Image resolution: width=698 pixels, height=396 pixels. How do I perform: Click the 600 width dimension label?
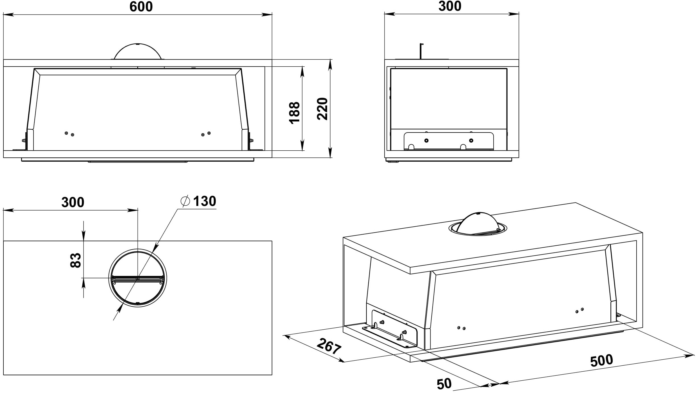coord(141,7)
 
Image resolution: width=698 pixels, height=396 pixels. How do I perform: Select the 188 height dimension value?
coord(294,113)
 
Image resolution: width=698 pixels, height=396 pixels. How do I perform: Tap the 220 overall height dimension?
coord(322,109)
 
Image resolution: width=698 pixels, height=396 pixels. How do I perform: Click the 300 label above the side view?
coord(450,6)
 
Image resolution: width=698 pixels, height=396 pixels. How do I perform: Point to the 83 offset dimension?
coord(76,260)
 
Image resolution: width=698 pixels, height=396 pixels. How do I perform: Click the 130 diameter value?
coord(205,201)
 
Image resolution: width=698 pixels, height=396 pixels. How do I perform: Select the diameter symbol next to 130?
coord(185,201)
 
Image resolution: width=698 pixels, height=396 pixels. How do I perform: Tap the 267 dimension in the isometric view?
coord(329,346)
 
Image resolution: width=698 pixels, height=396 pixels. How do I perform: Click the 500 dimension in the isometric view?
coord(602,361)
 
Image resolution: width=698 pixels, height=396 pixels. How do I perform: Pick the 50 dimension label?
coord(444,384)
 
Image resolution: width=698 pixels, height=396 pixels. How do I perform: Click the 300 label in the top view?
coord(73,202)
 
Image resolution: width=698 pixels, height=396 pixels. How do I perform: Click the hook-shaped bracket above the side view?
coord(421,51)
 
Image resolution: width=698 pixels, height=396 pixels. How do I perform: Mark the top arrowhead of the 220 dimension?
coord(330,64)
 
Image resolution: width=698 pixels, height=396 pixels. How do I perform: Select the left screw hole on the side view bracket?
coord(426,140)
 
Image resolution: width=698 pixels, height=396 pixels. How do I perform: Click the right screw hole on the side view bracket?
coord(471,140)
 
